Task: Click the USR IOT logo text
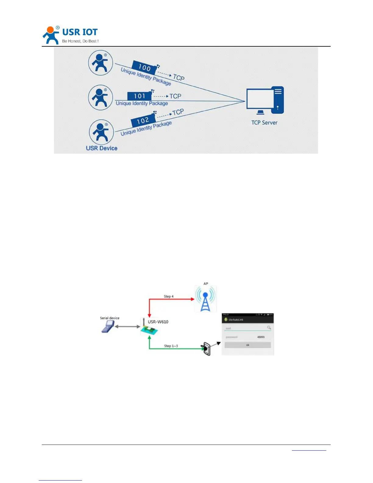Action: [x=80, y=32]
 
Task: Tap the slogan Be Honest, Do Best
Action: [x=80, y=41]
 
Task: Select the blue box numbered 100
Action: [x=144, y=67]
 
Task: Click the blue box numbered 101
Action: [x=139, y=96]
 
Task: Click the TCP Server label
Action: [x=264, y=123]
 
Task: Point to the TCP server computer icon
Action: [x=265, y=101]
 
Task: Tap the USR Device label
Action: [x=101, y=148]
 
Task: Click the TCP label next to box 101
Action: [x=175, y=96]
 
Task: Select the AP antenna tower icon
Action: [x=205, y=299]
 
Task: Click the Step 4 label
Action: [x=169, y=296]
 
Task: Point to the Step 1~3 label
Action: [x=171, y=346]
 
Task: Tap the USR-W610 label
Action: [x=158, y=322]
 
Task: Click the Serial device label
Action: [x=110, y=318]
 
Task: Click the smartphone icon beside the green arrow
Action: [x=207, y=349]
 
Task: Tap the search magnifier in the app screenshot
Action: [x=269, y=327]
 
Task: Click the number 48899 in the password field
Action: [x=261, y=337]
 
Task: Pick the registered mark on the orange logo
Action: [x=58, y=28]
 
